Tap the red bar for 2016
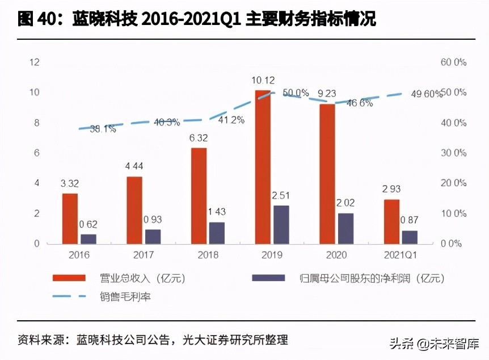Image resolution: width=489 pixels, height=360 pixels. click(70, 218)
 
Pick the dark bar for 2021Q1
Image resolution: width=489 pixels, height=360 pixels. click(410, 237)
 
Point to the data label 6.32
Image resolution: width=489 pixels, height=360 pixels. click(199, 137)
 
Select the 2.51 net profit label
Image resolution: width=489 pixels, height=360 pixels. click(281, 196)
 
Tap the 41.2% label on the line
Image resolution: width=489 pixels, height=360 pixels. click(231, 119)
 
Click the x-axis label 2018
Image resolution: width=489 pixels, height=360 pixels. click(208, 256)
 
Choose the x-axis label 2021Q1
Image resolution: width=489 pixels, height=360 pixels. click(401, 256)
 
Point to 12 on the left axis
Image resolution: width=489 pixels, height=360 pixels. click(35, 62)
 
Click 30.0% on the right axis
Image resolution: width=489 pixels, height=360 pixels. click(453, 153)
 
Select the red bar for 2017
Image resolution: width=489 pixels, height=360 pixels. click(134, 210)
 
